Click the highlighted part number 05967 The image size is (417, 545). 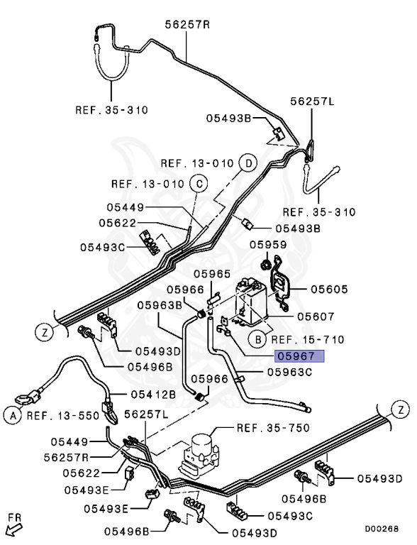[x=299, y=356]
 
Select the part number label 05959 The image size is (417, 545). [x=268, y=245]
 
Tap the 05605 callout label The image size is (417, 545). [x=328, y=289]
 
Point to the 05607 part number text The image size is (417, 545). [x=316, y=316]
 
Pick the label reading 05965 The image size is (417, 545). [x=212, y=273]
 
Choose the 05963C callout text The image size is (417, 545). [x=289, y=371]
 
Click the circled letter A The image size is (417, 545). [x=12, y=415]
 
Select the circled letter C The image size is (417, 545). [x=199, y=184]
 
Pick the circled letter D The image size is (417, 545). [x=248, y=163]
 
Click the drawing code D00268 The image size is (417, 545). [x=382, y=528]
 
